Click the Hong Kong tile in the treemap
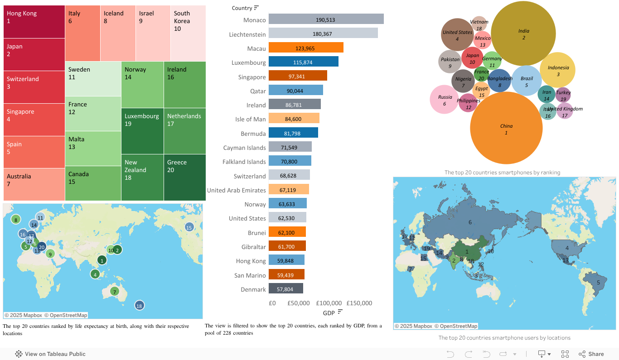(34, 22)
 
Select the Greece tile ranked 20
(185, 178)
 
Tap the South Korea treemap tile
(188, 33)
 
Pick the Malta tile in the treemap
(93, 149)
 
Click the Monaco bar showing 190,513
(326, 19)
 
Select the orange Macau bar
(306, 48)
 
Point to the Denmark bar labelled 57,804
(285, 289)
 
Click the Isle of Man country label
(247, 119)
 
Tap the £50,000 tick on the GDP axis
(298, 303)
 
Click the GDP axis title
(329, 313)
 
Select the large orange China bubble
(506, 128)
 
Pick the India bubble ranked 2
(523, 34)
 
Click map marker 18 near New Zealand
(139, 306)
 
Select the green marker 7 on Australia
(115, 291)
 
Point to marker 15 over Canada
(189, 227)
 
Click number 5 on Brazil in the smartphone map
(598, 283)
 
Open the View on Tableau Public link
(50, 354)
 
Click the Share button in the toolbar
(591, 354)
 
